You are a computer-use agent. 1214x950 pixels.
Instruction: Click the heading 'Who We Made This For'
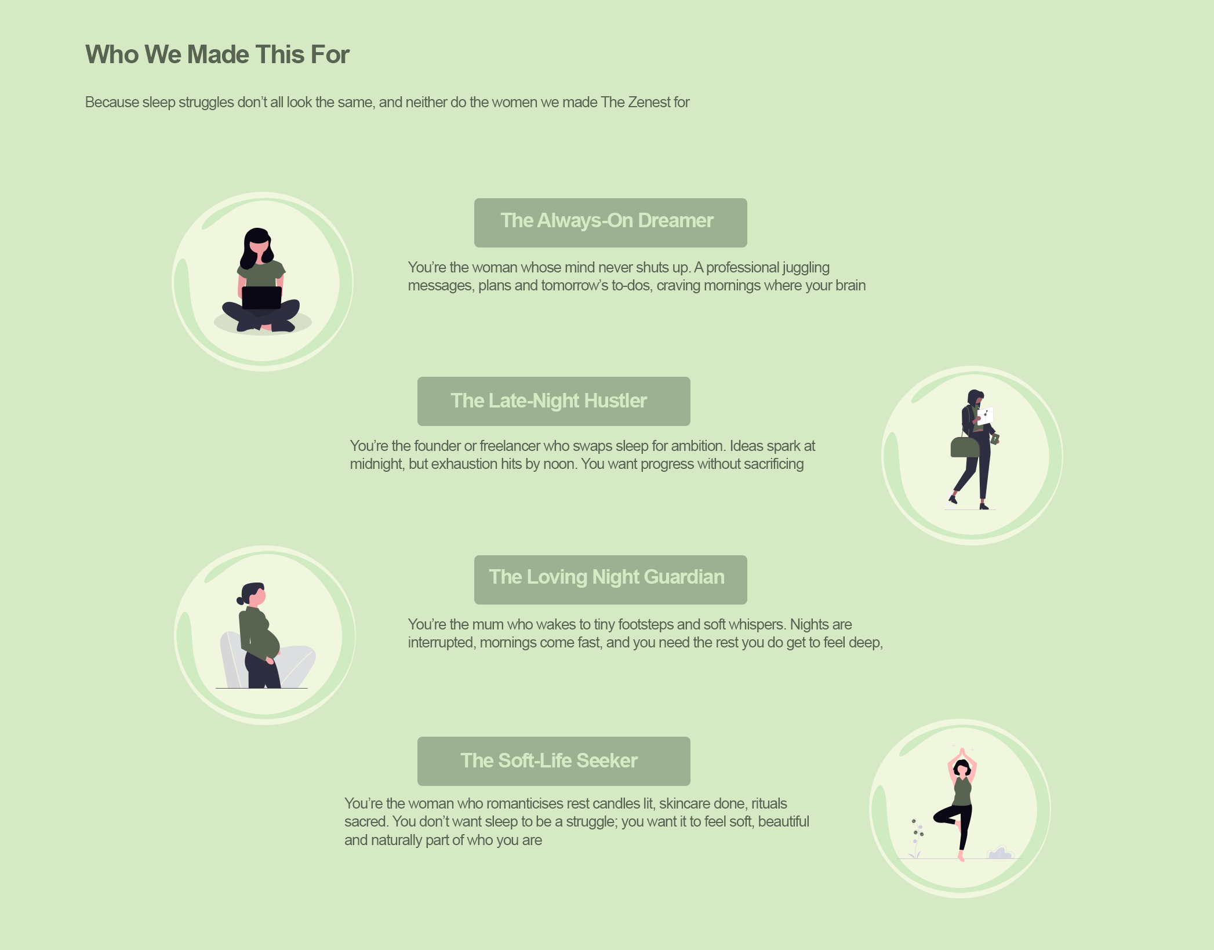[217, 54]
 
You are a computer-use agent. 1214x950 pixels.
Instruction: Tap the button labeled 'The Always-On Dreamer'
[610, 223]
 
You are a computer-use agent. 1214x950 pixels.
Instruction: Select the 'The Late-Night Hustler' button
[554, 401]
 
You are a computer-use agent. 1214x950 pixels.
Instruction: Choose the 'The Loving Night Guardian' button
[610, 580]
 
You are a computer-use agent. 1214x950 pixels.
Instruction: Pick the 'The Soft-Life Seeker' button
[554, 761]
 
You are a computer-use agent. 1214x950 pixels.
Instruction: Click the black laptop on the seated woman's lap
[261, 297]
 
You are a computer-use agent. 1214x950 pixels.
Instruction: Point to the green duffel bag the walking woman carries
[965, 447]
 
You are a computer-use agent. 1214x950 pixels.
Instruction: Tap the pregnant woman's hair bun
[240, 600]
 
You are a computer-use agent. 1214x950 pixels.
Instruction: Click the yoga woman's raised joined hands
[962, 752]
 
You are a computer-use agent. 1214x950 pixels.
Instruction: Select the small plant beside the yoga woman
[916, 838]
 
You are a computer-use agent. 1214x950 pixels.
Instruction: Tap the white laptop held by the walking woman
[985, 416]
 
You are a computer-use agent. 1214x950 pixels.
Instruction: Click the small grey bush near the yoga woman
[1000, 853]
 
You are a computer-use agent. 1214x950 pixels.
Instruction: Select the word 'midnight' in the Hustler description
[377, 464]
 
